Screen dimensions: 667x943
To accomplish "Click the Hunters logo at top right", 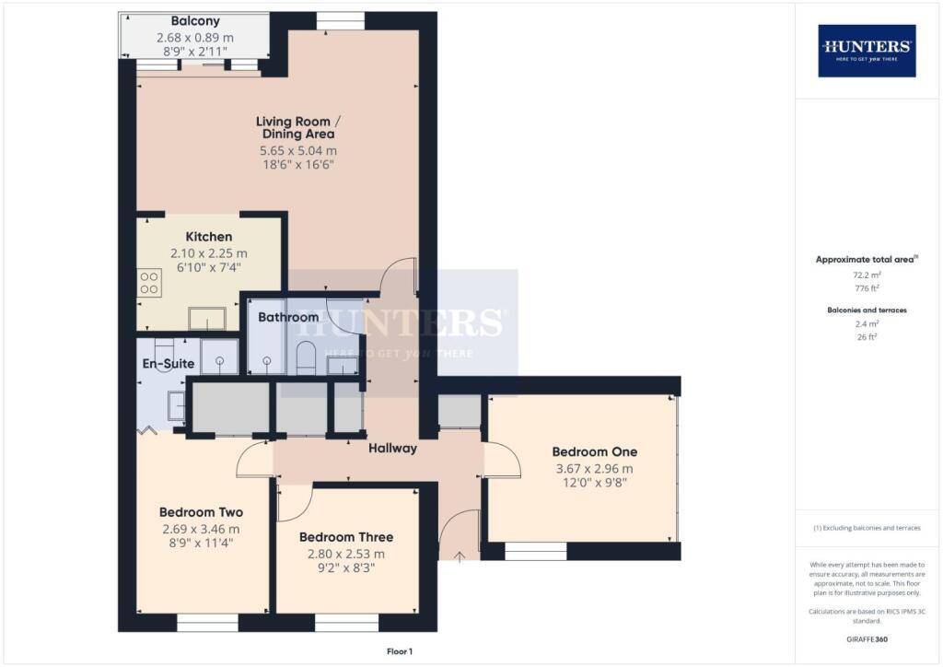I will click(x=867, y=50).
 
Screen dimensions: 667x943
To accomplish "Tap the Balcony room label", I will click(x=193, y=21).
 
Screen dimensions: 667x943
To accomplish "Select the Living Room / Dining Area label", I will click(x=296, y=128).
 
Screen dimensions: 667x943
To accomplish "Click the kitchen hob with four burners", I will click(x=149, y=282).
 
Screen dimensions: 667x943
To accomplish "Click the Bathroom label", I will click(x=288, y=317).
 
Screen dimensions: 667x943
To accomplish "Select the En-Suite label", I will click(x=167, y=364).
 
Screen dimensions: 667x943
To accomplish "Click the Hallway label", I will click(x=393, y=449).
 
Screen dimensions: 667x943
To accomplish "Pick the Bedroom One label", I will click(x=594, y=452).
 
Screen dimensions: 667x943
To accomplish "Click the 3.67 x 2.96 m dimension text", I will click(x=594, y=469).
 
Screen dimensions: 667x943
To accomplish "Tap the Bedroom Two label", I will click(x=201, y=512).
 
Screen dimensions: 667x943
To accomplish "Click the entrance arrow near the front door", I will click(x=460, y=555).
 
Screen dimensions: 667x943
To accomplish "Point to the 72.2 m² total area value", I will click(x=866, y=275).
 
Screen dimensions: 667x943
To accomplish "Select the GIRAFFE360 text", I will click(x=866, y=639).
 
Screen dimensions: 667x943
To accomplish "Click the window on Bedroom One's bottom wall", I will click(x=535, y=551).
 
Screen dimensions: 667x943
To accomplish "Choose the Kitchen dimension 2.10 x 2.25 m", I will click(x=208, y=253).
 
